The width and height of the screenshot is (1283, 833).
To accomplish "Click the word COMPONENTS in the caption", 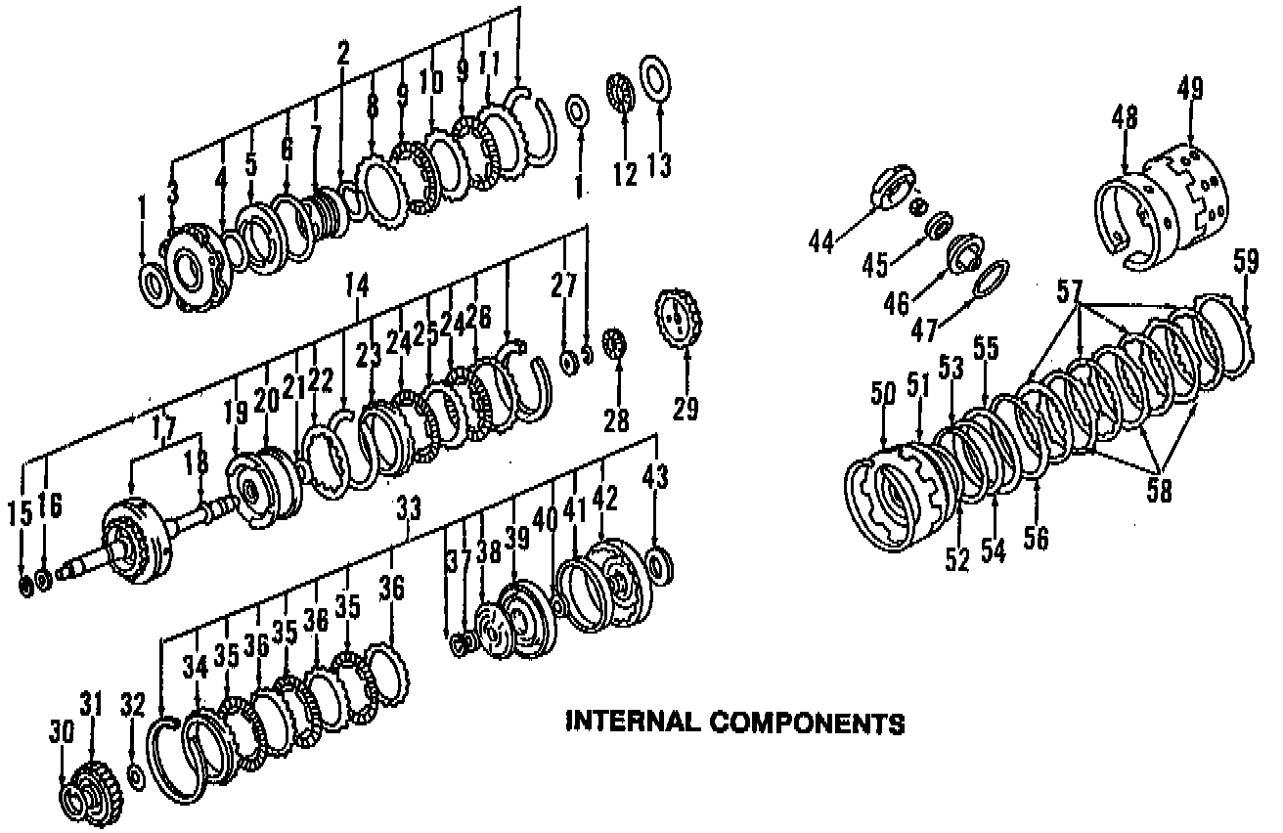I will (806, 723).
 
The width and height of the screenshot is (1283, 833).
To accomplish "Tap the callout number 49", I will (1189, 89).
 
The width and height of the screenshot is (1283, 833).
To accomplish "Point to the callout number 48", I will (1125, 118).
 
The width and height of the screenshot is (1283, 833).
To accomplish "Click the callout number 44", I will (822, 241).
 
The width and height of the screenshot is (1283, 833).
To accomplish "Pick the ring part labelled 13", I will (654, 74).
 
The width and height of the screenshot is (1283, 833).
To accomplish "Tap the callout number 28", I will (614, 418).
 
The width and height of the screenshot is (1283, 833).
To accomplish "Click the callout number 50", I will (883, 396).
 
